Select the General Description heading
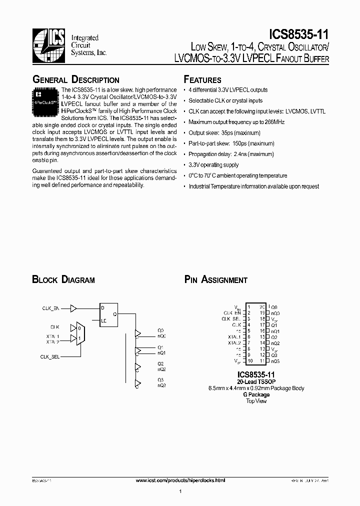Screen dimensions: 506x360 click(x=76, y=80)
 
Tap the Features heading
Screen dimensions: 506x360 click(x=202, y=80)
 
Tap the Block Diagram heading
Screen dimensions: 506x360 click(x=63, y=280)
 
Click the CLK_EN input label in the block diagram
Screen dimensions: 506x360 click(x=50, y=308)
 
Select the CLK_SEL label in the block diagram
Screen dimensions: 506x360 click(x=50, y=356)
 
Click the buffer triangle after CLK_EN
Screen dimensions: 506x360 click(x=73, y=308)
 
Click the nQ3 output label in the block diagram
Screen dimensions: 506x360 click(x=161, y=385)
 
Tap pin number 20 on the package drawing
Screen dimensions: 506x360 click(x=261, y=306)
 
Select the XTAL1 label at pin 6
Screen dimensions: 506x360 click(x=234, y=336)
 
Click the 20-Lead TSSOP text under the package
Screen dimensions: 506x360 click(x=256, y=381)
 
